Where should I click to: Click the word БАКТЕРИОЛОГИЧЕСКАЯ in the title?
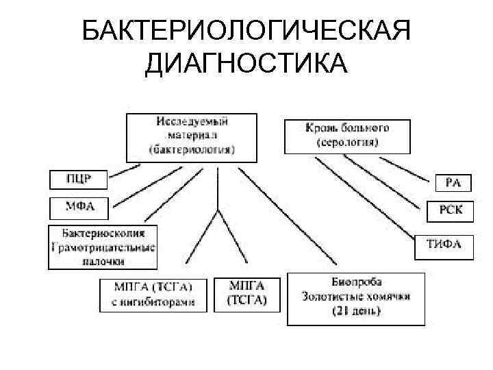pyautogui.click(x=246, y=32)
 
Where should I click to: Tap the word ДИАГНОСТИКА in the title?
pyautogui.click(x=246, y=65)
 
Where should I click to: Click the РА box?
pyautogui.click(x=453, y=183)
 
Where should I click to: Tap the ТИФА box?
pyautogui.click(x=444, y=244)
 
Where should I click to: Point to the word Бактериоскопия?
pyautogui.click(x=103, y=233)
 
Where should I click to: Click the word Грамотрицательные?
pyautogui.click(x=103, y=247)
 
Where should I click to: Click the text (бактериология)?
pyautogui.click(x=192, y=148)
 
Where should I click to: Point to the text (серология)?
pyautogui.click(x=348, y=142)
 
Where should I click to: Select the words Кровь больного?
pyautogui.click(x=348, y=128)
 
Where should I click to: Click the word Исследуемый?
pyautogui.click(x=192, y=121)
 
